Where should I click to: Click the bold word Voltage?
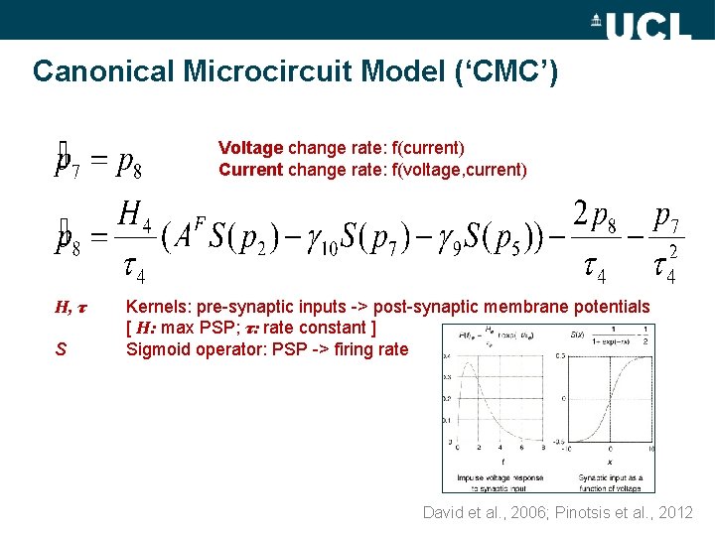[x=250, y=148]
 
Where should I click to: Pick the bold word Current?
[x=250, y=169]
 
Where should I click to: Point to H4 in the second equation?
[x=134, y=213]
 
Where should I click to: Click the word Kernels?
[x=159, y=308]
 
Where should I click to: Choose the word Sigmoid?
[x=158, y=348]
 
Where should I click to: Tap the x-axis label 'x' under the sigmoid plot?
[x=608, y=460]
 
